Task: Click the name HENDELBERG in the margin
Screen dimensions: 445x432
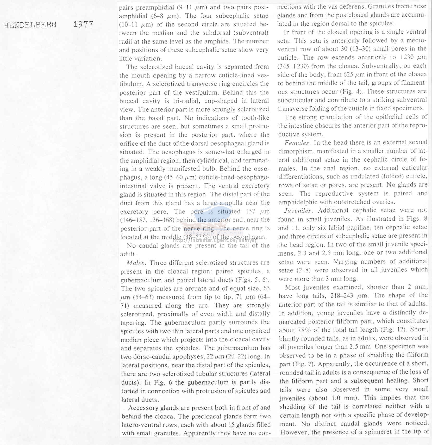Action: click(30, 25)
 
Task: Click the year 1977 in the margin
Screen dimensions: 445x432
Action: click(83, 25)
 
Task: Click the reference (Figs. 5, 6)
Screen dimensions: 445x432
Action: click(253, 280)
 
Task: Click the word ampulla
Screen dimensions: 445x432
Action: click(231, 203)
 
